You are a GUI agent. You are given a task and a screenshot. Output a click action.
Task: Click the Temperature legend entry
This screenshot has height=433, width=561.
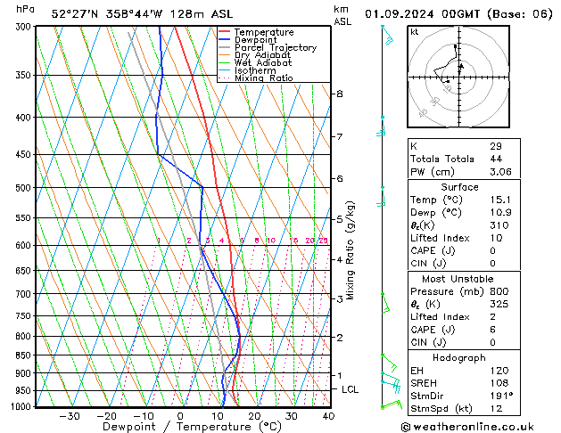pyautogui.click(x=262, y=32)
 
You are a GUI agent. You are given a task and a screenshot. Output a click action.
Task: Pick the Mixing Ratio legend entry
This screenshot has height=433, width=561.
pyautogui.click(x=263, y=78)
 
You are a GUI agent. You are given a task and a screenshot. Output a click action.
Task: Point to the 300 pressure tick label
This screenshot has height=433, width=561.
pyautogui.click(x=23, y=27)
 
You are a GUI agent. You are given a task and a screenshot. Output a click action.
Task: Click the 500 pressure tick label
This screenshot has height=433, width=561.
pyautogui.click(x=23, y=188)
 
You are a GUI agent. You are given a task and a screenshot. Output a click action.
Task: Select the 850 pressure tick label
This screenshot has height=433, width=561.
pyautogui.click(x=23, y=355)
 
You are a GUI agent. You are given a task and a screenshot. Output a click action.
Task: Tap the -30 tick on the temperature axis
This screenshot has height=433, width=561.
pyautogui.click(x=69, y=416)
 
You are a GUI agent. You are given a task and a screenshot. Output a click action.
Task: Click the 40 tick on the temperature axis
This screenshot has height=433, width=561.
pyautogui.click(x=328, y=416)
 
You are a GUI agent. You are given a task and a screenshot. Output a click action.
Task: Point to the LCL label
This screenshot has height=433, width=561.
pyautogui.click(x=351, y=389)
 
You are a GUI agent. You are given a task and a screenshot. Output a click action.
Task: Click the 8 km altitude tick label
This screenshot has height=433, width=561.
pyautogui.click(x=339, y=94)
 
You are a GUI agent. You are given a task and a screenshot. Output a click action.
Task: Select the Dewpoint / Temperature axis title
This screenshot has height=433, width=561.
pyautogui.click(x=178, y=427)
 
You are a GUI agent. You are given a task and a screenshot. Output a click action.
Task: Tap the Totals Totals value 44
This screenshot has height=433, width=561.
pyautogui.click(x=495, y=159)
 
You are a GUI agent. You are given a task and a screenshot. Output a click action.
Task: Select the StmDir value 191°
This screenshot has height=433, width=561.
pyautogui.click(x=500, y=396)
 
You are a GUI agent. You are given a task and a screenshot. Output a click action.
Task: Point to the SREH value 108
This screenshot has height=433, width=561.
pyautogui.click(x=498, y=382)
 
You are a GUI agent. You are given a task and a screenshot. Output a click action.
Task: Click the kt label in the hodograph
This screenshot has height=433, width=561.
pyautogui.click(x=415, y=32)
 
